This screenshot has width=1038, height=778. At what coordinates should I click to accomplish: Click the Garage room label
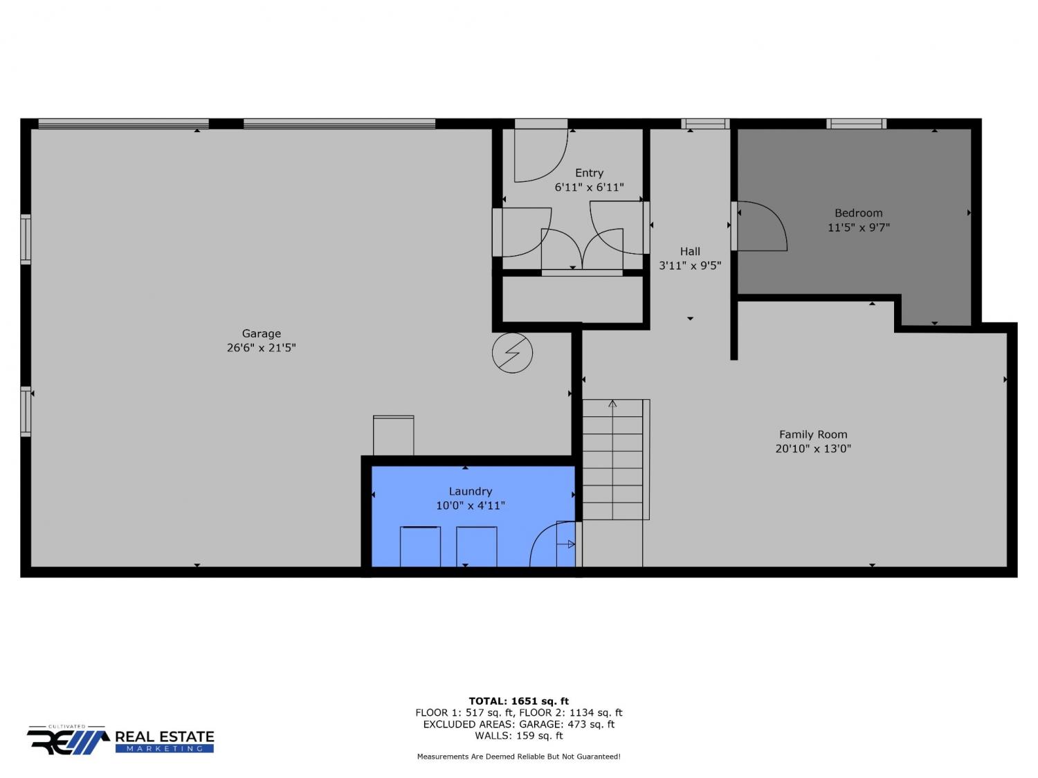261,333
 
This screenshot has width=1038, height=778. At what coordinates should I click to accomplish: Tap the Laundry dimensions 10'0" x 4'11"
470,506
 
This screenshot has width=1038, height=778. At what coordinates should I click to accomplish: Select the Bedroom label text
858,213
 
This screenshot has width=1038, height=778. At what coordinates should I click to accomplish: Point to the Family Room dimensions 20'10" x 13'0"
812,448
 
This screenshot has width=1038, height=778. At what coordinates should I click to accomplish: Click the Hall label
690,251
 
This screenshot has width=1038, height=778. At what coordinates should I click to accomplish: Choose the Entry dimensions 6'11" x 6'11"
589,187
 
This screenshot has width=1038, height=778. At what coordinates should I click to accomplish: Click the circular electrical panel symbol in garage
512,353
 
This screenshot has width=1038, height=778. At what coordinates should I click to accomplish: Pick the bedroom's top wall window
856,124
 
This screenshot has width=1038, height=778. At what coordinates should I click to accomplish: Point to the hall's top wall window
705,124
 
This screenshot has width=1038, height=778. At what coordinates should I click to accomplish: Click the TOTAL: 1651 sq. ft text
518,701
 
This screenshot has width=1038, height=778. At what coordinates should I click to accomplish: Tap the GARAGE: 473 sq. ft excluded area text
567,724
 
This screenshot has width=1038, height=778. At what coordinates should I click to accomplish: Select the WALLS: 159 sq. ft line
519,736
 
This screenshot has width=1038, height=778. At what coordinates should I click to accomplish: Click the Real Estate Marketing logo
120,740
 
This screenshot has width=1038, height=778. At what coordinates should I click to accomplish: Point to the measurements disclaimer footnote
518,757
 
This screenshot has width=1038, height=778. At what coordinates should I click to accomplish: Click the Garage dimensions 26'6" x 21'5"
261,348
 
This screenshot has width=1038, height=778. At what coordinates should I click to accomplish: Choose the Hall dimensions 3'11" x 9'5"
690,266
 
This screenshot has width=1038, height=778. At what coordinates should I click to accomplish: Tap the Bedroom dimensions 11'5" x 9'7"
858,228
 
